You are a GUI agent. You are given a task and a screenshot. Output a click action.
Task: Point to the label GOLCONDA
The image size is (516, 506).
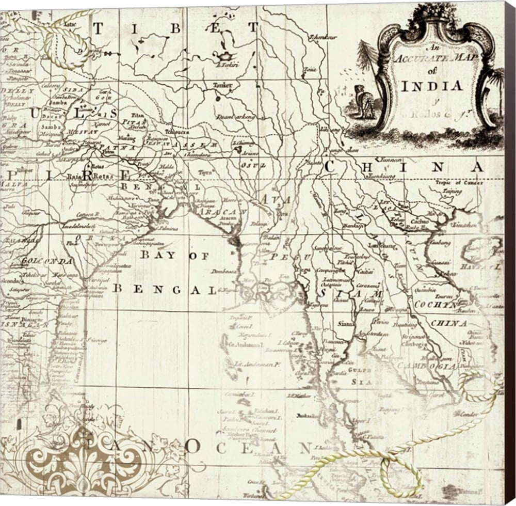(47, 261)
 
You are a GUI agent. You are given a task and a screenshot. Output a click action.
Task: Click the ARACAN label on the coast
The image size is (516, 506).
(225, 211)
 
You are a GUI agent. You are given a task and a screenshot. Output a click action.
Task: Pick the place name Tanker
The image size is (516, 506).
(222, 85)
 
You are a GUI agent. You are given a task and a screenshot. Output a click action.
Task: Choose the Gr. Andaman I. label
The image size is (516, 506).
(242, 343)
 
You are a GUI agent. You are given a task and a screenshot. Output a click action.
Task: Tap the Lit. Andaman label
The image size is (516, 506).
(254, 365)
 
